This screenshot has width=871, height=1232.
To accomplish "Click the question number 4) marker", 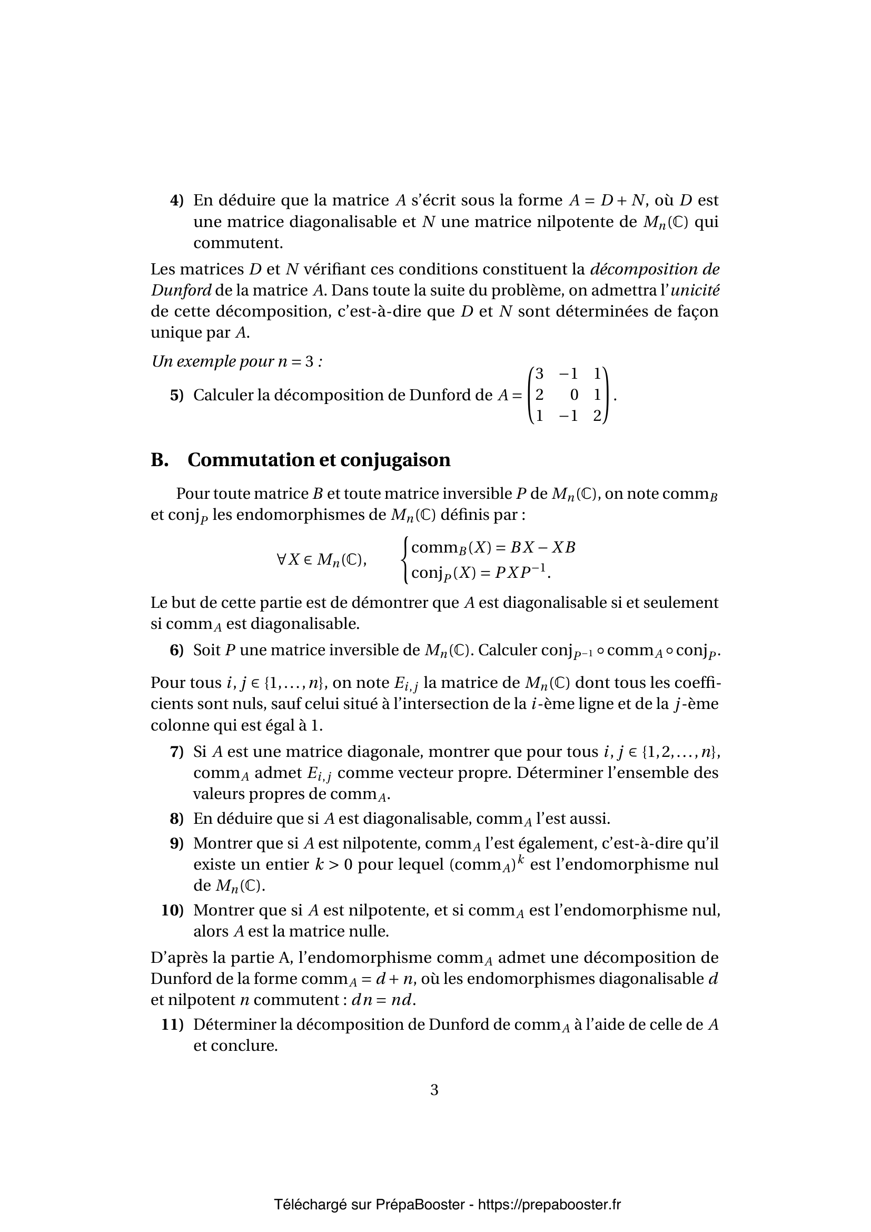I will [x=177, y=201].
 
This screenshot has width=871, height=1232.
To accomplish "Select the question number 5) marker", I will [x=177, y=396].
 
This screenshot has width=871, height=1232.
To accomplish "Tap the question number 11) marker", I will [x=173, y=1025].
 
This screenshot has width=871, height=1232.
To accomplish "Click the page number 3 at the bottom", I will [x=434, y=1090].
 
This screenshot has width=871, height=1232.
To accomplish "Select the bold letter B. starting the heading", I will [x=160, y=460].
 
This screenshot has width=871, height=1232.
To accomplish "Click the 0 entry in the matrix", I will [x=575, y=396].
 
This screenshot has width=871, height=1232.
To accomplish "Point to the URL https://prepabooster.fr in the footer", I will [x=549, y=1190].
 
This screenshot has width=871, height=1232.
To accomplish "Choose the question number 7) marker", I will [x=177, y=752].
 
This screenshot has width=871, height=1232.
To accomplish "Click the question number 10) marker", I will [x=173, y=910].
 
